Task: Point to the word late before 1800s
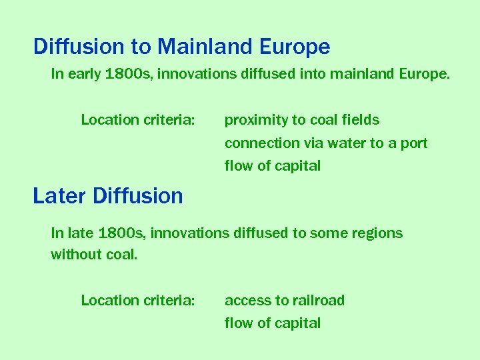(80, 233)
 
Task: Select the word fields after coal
(361, 121)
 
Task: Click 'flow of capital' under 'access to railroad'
(273, 323)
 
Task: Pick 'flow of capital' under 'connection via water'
(273, 166)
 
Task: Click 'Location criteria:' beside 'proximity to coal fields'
(138, 121)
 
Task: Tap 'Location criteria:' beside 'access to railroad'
(138, 301)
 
